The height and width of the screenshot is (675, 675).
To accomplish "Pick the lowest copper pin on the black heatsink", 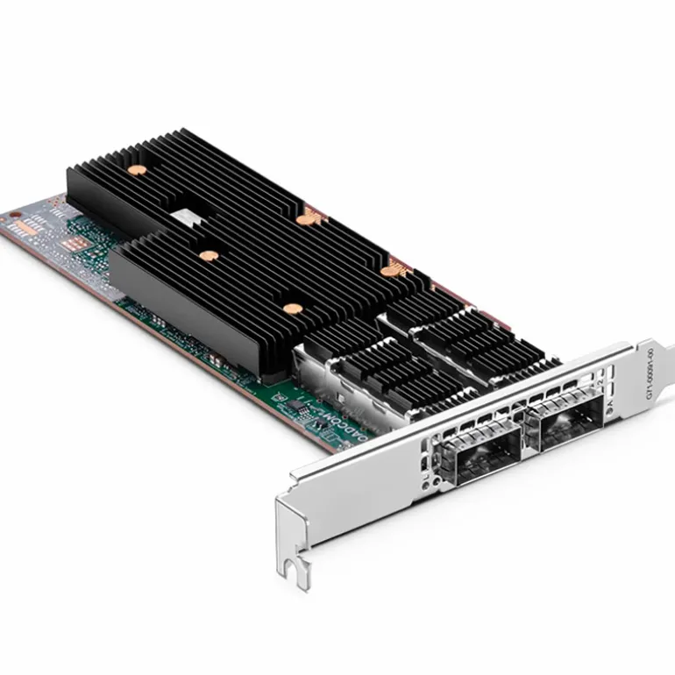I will pos(290,309).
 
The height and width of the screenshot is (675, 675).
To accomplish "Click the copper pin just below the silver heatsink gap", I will pos(209,256).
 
